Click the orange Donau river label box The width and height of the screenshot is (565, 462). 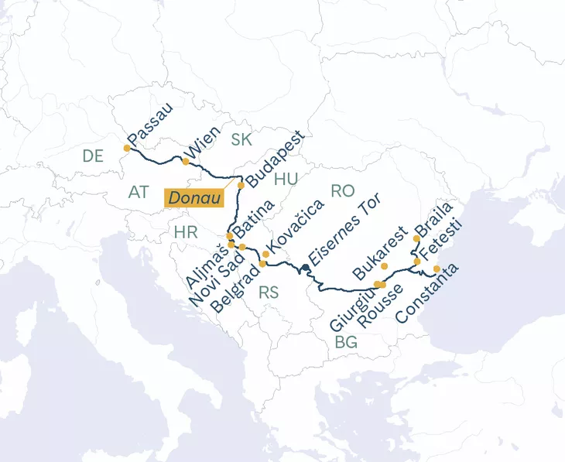click(194, 198)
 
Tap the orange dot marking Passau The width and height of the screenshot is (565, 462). click(128, 148)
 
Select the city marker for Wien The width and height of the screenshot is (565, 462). click(186, 161)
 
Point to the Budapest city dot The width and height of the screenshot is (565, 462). click(241, 185)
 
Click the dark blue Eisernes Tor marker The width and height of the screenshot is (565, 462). click(306, 268)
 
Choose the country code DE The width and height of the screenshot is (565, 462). click(93, 156)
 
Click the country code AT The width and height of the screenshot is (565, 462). click(139, 190)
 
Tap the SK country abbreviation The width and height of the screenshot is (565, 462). click(241, 139)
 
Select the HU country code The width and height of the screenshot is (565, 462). click(286, 179)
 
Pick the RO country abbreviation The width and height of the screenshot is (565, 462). click(342, 190)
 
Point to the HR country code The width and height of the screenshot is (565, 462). click(186, 232)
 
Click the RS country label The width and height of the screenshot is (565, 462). click(269, 293)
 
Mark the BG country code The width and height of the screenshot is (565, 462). click(346, 342)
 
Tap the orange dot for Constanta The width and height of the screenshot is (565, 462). click(437, 269)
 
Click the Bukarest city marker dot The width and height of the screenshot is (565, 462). click(385, 266)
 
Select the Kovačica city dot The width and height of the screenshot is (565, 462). click(266, 254)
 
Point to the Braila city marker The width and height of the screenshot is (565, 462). click(416, 238)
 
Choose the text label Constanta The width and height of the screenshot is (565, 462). click(427, 294)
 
